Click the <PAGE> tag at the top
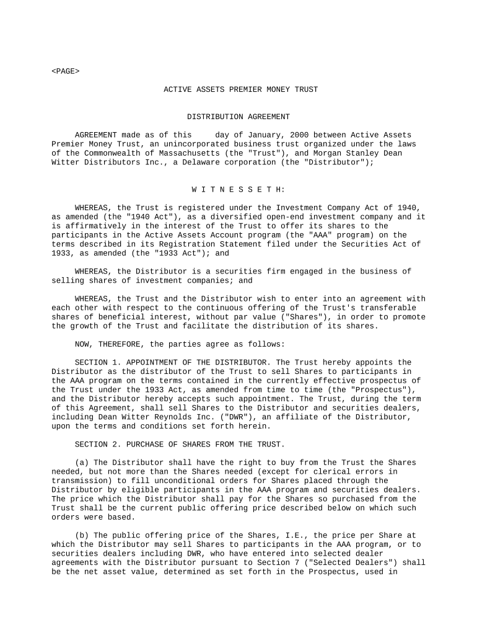pos(65,71)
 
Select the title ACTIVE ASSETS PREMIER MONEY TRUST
pos(240,89)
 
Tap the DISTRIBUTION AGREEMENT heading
pos(239,117)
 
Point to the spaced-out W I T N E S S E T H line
pos(239,189)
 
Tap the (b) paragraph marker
pos(81,535)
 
